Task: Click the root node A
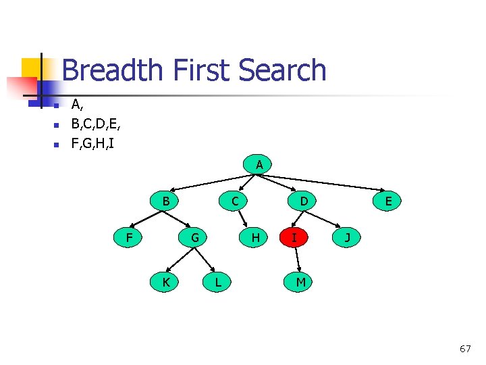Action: pos(259,164)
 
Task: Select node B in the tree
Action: pos(165,201)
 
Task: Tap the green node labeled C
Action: pos(234,201)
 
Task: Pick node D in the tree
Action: pos(304,201)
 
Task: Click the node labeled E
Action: pos(389,201)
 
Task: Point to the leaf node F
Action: pos(128,237)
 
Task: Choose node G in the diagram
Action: pos(194,237)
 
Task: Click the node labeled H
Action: pos(255,237)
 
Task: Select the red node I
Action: pos(294,237)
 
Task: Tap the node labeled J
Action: pos(347,237)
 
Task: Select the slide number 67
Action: pos(465,349)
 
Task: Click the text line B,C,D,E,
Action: pos(97,124)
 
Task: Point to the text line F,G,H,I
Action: pos(93,143)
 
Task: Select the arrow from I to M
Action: pos(296,260)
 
